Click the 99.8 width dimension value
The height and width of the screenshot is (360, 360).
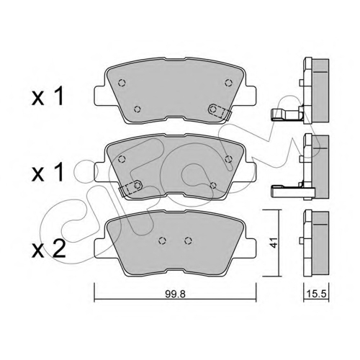tap(175, 294)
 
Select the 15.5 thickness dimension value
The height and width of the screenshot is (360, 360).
tap(317, 294)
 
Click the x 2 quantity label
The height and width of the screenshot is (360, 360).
tap(49, 250)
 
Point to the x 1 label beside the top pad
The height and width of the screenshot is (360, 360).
tap(48, 96)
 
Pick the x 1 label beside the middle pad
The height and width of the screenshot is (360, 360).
tap(48, 172)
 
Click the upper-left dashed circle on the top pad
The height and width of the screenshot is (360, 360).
tap(122, 83)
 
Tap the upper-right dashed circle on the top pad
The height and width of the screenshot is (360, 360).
tap(229, 83)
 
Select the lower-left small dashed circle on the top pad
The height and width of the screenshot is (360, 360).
tap(137, 109)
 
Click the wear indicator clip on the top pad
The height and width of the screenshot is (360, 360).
tap(219, 112)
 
